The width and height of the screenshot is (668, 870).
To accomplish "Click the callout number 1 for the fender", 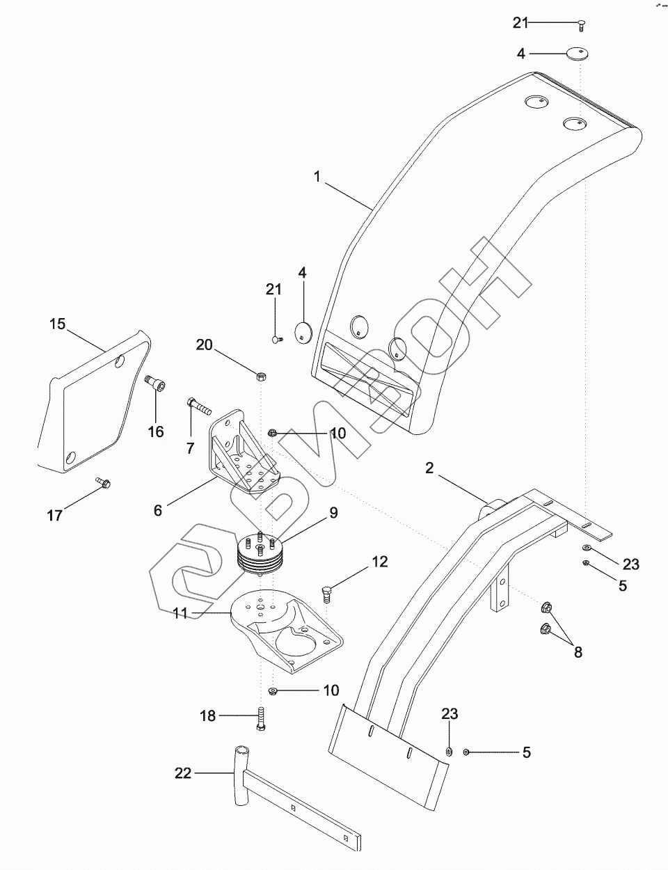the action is (x=317, y=177).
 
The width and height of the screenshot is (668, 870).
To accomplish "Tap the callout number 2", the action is (x=429, y=468).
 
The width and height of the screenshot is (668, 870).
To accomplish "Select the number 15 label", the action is (x=57, y=324).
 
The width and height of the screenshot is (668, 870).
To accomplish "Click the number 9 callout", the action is (x=333, y=513).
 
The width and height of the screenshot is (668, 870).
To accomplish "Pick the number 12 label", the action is (x=379, y=562).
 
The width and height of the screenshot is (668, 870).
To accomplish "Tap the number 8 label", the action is (x=578, y=652).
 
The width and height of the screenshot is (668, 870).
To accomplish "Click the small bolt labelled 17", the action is (x=103, y=482).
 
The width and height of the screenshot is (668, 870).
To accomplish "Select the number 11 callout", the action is (x=180, y=613).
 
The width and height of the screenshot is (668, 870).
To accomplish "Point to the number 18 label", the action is (x=207, y=715).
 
